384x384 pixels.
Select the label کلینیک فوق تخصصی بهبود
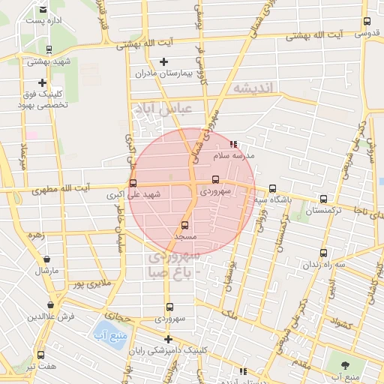click(x=43, y=100)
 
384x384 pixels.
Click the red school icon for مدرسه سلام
click(x=233, y=144)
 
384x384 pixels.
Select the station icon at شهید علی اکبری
click(x=133, y=182)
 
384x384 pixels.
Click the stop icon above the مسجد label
click(x=185, y=224)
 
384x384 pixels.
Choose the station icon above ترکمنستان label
click(x=323, y=199)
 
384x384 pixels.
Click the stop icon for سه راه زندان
click(x=323, y=253)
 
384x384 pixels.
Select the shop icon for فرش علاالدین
click(x=50, y=304)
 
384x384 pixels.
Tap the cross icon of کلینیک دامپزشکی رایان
click(x=168, y=338)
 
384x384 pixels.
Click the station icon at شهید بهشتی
click(x=49, y=50)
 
